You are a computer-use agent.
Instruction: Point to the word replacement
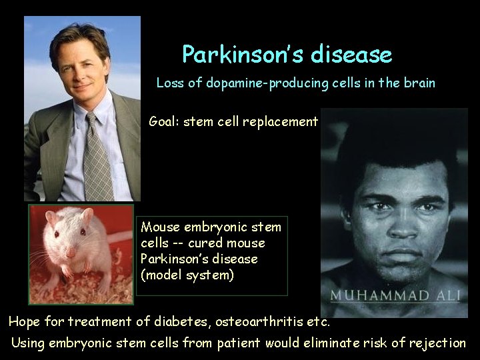(x=279, y=122)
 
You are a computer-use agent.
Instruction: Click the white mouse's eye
(x=57, y=234)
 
